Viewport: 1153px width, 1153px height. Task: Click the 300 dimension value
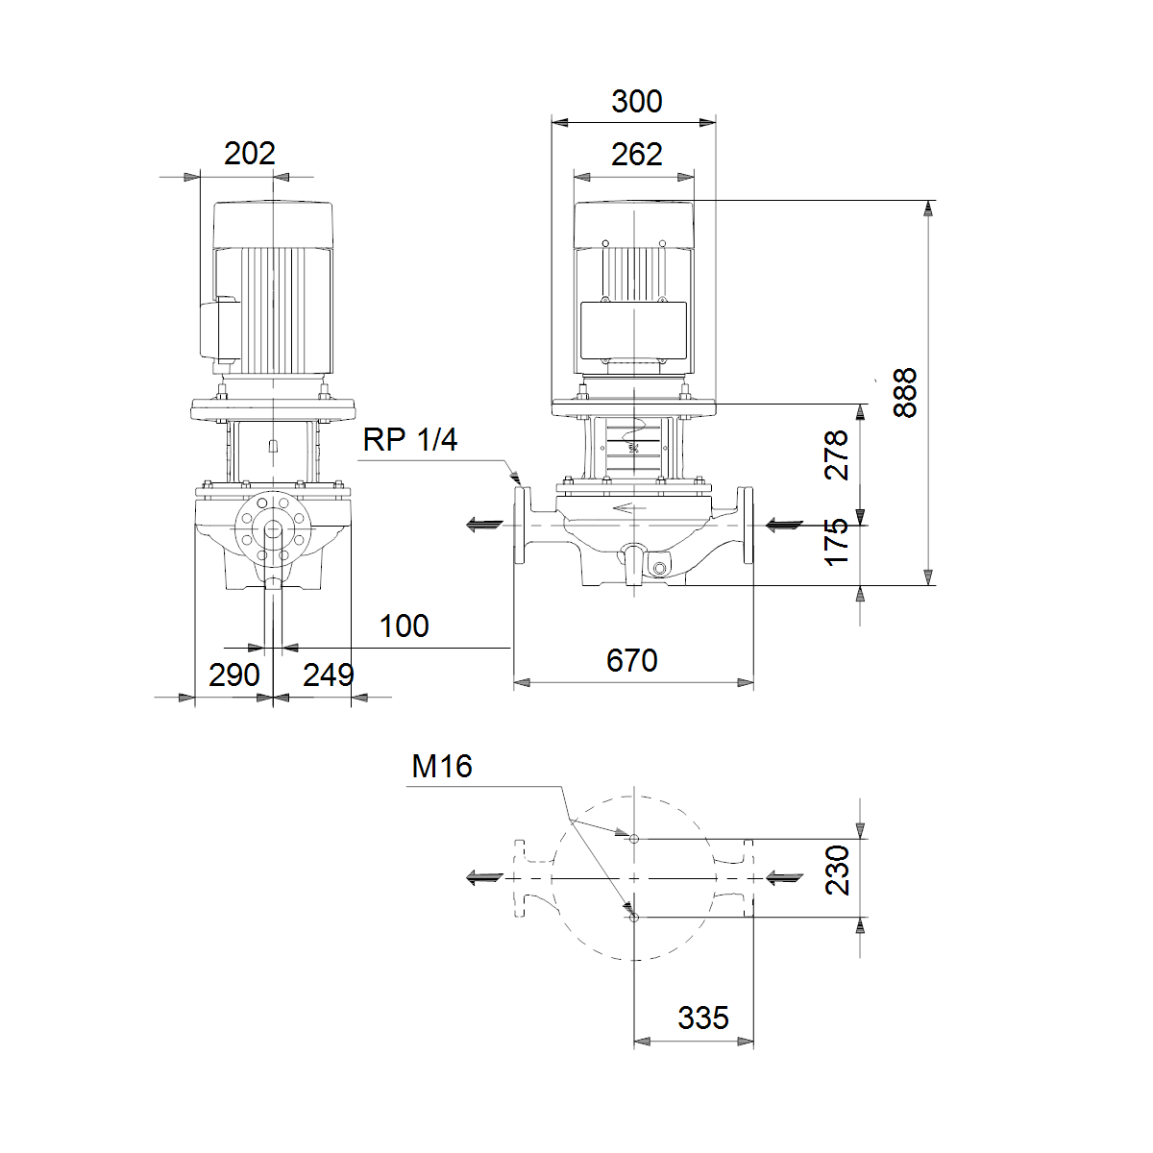pos(637,101)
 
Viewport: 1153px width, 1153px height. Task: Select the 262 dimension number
pos(637,155)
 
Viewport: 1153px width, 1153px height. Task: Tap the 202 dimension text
pos(250,153)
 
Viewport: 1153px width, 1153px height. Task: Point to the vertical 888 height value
pos(904,393)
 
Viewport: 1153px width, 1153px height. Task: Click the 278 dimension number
pos(837,454)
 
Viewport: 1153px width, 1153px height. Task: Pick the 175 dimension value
pos(837,542)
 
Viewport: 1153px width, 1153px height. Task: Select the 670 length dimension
pos(632,660)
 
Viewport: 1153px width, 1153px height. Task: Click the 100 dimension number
pos(404,626)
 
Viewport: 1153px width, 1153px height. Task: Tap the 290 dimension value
pos(233,675)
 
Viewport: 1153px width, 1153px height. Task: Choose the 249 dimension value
pos(329,675)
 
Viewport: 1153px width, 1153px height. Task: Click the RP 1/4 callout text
pos(410,440)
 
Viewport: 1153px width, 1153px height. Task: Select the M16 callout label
pos(442,767)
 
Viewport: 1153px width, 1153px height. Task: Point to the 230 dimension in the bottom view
pos(837,870)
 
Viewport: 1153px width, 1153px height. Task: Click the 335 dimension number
pos(703,1018)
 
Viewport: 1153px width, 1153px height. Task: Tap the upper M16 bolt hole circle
pos(634,839)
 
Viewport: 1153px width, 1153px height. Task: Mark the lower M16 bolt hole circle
pos(634,918)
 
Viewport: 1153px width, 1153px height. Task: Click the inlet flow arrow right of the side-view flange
pos(784,526)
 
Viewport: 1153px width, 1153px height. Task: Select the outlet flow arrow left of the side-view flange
pos(484,526)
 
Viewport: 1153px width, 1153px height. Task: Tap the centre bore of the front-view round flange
pos(274,529)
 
